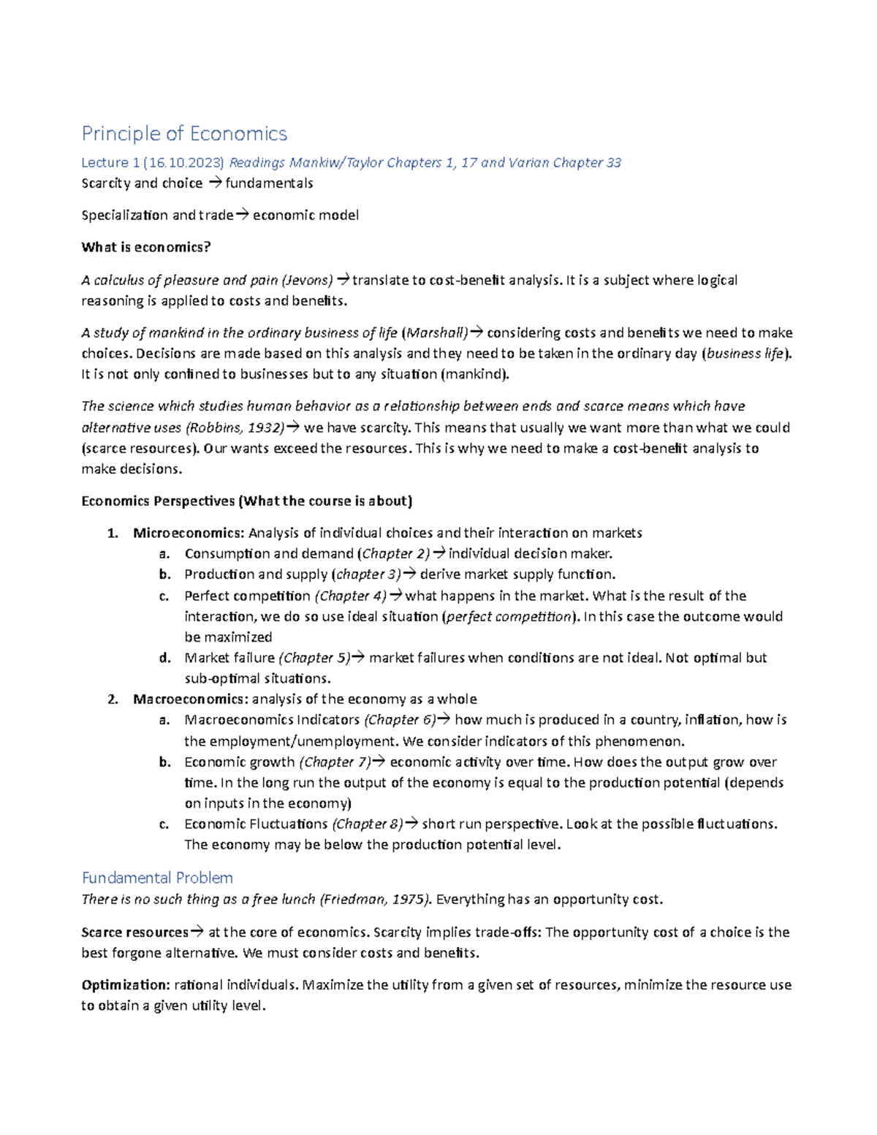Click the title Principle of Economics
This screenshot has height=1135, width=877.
pos(184,134)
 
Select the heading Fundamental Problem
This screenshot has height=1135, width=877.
pos(157,877)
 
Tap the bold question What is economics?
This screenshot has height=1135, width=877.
pos(146,247)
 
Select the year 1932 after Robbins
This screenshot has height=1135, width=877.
pos(264,428)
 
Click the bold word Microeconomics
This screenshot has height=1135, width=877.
pos(188,533)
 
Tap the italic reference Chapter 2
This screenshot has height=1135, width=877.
pos(395,554)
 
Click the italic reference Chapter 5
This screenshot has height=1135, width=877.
pos(316,658)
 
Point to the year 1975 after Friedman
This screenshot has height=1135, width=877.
pos(410,899)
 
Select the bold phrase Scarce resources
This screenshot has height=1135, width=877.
pos(134,933)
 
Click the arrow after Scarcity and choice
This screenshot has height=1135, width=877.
pos(214,183)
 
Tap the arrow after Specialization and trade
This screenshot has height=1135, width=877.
pos(242,215)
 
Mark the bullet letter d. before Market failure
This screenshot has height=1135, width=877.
pos(164,658)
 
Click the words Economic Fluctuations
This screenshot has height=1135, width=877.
pos(256,824)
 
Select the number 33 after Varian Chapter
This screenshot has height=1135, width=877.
pos(613,162)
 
